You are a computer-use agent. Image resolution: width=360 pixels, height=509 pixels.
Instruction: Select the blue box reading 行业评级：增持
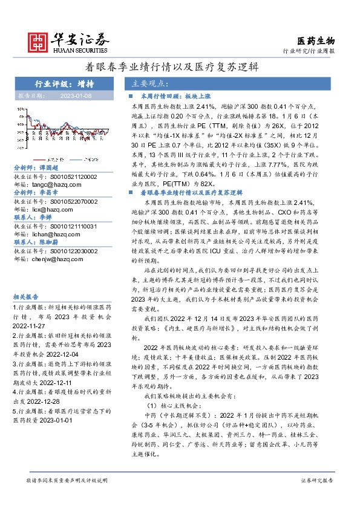[61, 83]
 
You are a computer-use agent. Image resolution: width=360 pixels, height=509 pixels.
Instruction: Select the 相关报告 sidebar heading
[26, 297]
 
